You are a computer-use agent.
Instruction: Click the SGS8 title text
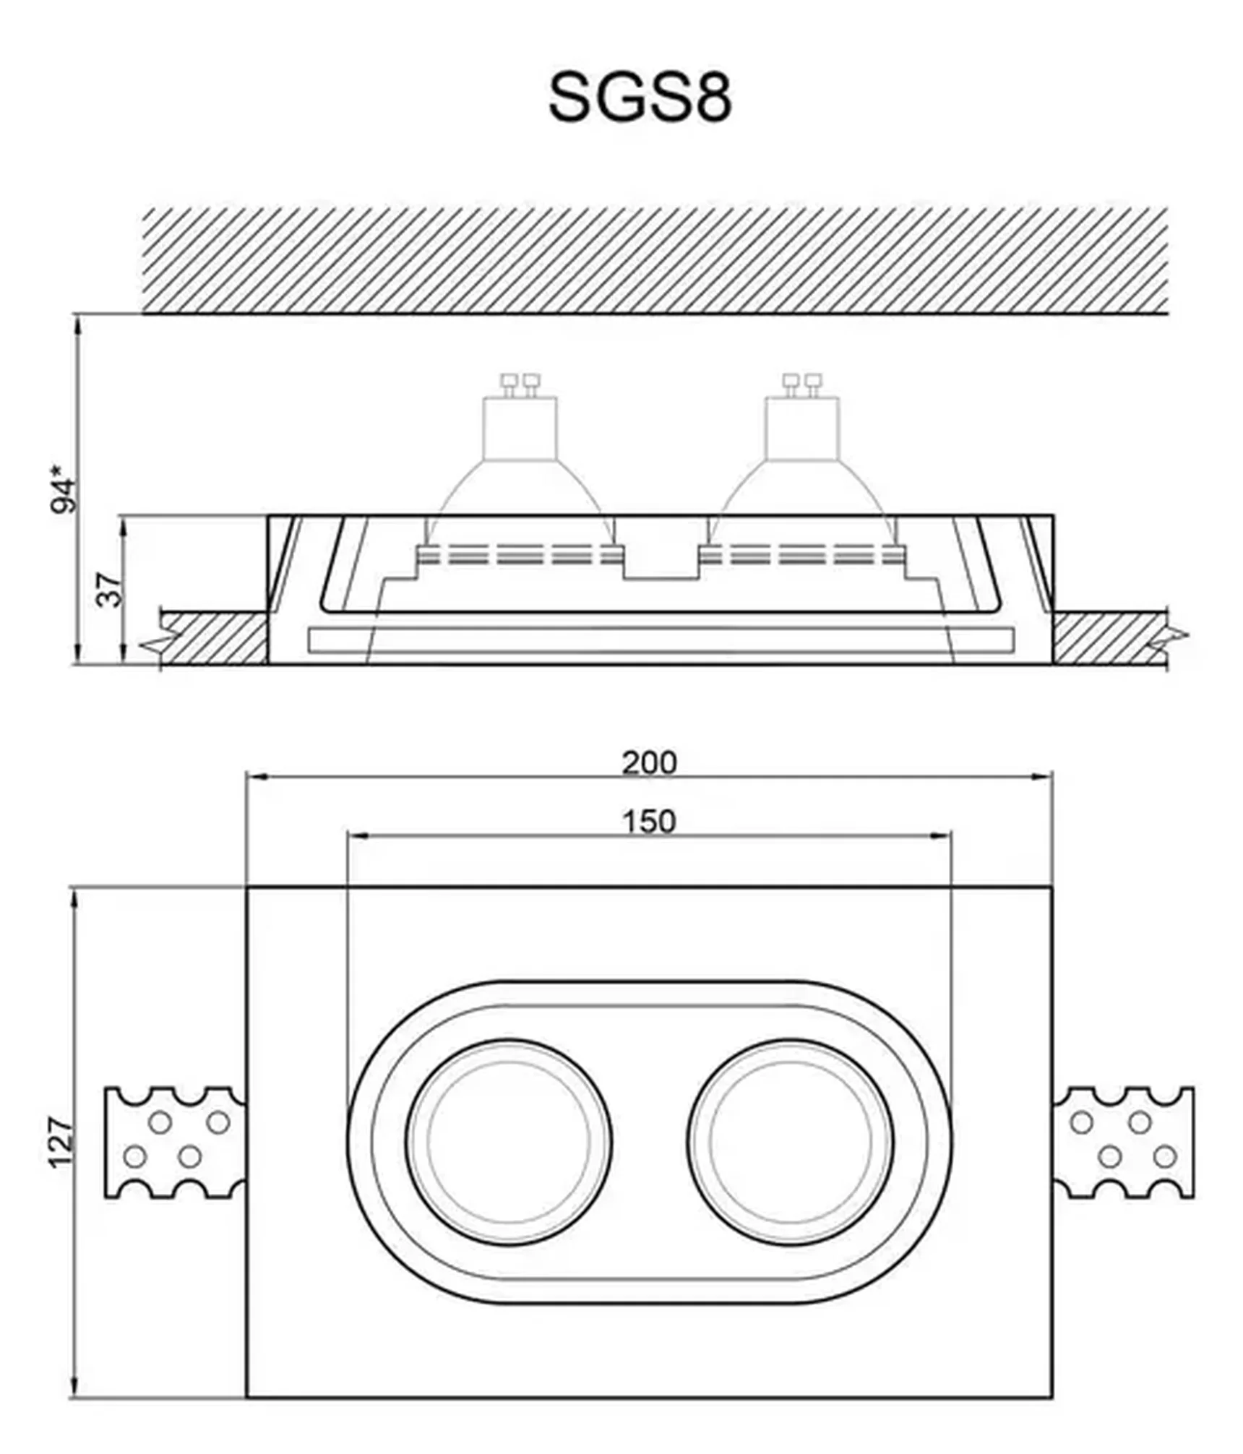pyautogui.click(x=640, y=97)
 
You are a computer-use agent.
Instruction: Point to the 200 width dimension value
pyautogui.click(x=650, y=763)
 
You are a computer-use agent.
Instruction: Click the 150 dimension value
pyautogui.click(x=649, y=822)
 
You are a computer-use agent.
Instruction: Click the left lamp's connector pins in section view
pyautogui.click(x=520, y=384)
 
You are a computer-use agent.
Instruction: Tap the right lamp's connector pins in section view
pyautogui.click(x=802, y=384)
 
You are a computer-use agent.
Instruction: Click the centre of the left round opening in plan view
pyautogui.click(x=509, y=1142)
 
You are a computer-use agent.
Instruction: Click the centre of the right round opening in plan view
pyautogui.click(x=791, y=1142)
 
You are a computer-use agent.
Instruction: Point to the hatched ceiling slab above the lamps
pyautogui.click(x=654, y=260)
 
